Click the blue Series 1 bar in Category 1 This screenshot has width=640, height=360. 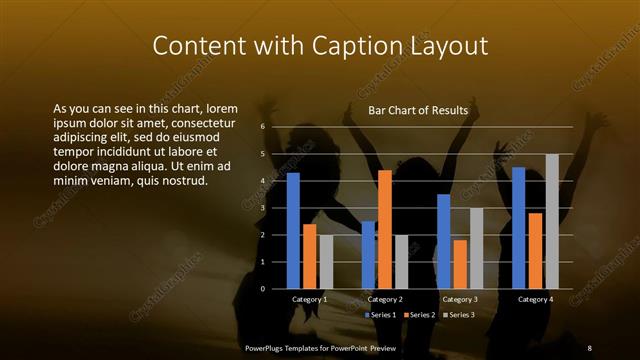tap(293, 231)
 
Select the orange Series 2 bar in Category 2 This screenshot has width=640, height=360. tap(385, 229)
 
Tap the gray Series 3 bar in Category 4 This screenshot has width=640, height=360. tap(552, 221)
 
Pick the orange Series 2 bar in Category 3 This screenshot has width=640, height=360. tap(460, 264)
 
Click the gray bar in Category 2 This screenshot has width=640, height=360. tap(401, 262)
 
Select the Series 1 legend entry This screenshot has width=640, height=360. tap(381, 315)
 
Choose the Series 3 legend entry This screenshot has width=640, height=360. tap(458, 315)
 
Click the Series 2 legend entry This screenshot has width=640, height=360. tap(419, 315)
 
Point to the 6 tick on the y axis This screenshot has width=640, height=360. tap(262, 127)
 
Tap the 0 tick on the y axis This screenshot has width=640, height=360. tap(262, 289)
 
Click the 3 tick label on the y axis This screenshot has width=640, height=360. tap(262, 208)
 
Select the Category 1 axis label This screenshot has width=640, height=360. tap(310, 299)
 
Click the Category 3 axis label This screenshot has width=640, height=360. tap(460, 299)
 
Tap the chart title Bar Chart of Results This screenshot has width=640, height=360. tap(418, 110)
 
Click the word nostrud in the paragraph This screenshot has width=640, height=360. tap(184, 181)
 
